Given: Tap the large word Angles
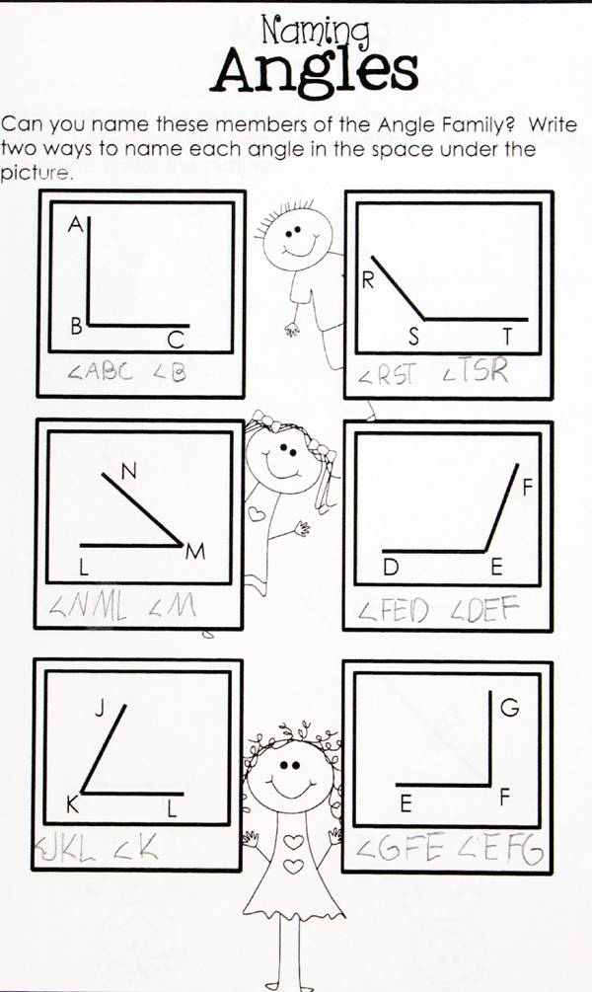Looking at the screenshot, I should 317,71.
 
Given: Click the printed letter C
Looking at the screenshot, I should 176,341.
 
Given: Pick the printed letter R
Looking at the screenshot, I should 366,281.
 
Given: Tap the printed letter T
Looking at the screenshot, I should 508,337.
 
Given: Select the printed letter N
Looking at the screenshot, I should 127,472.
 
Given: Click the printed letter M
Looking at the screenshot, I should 195,554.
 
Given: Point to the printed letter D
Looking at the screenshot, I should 392,567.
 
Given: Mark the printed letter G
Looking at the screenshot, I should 510,707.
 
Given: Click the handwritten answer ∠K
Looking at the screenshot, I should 137,846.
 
